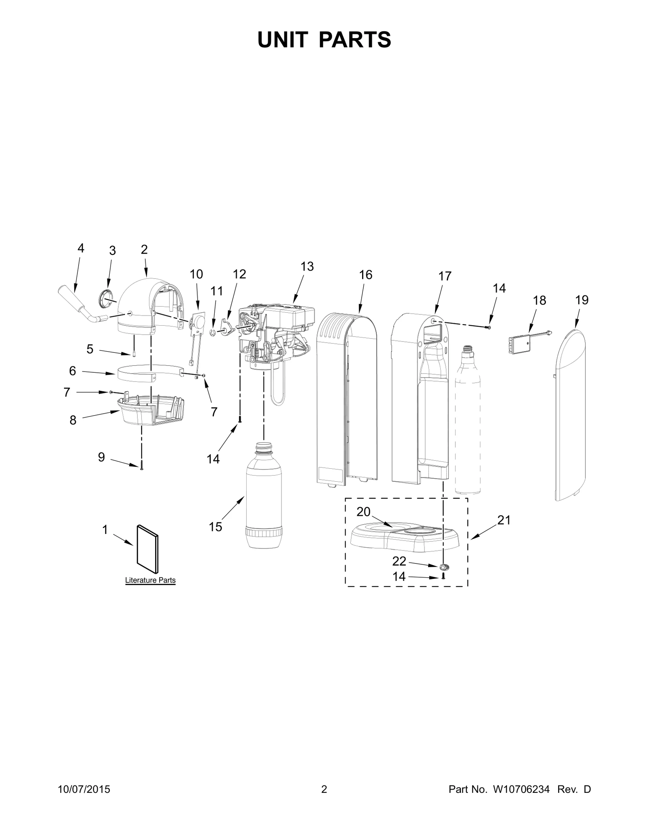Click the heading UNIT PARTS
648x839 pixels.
pos(324,40)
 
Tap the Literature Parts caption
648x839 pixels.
pos(150,580)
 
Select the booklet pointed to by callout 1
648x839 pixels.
pos(148,550)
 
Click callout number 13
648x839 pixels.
pos(307,266)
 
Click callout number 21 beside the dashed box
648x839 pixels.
pos(504,520)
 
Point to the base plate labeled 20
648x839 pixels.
pos(405,537)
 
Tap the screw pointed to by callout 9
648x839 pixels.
pos(141,467)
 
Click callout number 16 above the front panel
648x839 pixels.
pos(366,275)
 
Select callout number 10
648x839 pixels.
pos(196,274)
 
